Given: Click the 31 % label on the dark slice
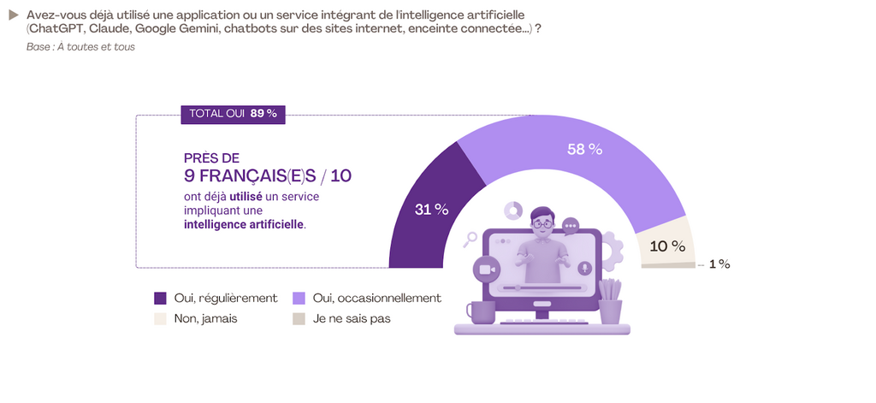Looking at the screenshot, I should (x=431, y=210).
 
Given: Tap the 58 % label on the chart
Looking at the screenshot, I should (x=585, y=149).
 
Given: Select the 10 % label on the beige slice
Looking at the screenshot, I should (x=668, y=246).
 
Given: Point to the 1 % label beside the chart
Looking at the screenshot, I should (x=719, y=264).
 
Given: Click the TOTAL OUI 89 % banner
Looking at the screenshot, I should (x=233, y=114).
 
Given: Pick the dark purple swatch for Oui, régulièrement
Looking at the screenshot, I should (x=160, y=299).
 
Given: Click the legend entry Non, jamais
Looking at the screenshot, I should (x=205, y=318).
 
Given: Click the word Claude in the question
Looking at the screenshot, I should (x=111, y=30).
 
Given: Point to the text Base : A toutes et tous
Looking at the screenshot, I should (x=80, y=46).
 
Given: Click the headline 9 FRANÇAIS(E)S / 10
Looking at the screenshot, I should (x=267, y=175).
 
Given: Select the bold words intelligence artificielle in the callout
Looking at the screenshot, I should (x=244, y=224).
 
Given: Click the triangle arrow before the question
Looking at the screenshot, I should (x=13, y=15).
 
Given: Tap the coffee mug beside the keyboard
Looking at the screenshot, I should (x=480, y=312).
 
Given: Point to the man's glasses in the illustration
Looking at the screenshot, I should (x=542, y=224).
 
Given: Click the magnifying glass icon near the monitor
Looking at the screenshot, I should (x=470, y=240).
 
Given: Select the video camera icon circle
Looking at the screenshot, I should (x=487, y=270).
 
